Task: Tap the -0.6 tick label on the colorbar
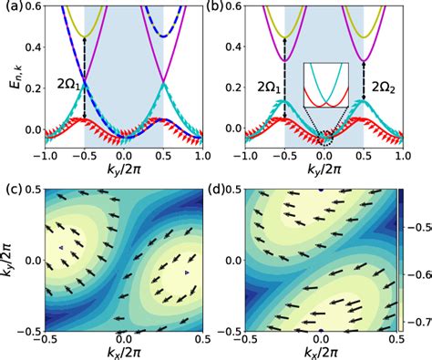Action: point(418,272)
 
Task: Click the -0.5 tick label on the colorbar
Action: point(418,221)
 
